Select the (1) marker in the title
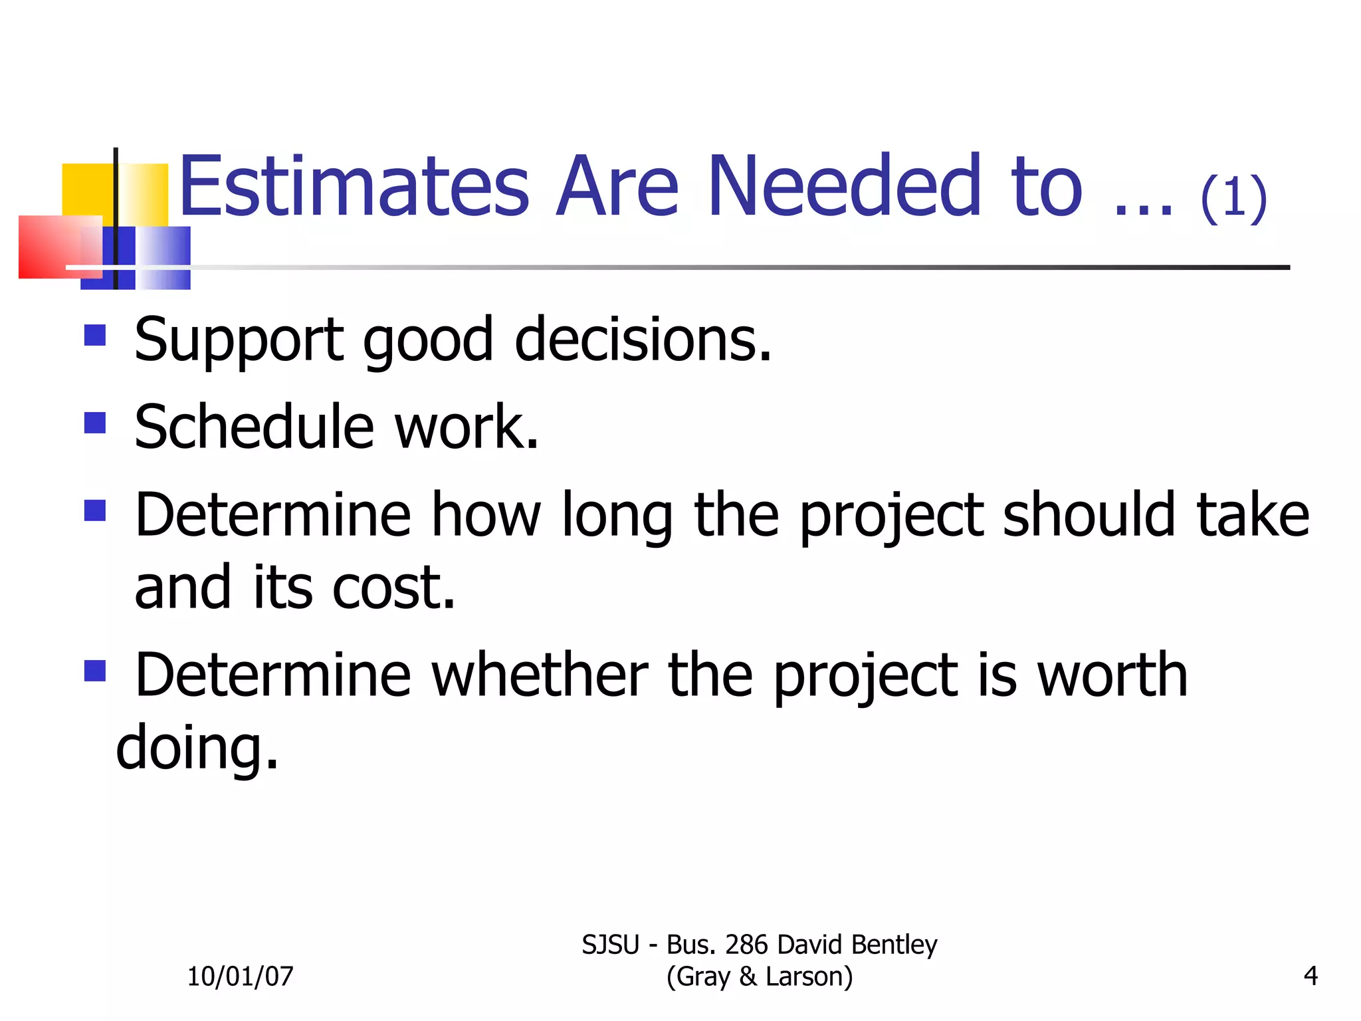tap(1233, 197)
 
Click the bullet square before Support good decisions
tap(95, 335)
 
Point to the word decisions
tap(643, 340)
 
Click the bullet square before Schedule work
tap(95, 423)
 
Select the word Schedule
tap(255, 427)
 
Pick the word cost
tap(393, 588)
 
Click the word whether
tap(540, 675)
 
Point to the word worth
tap(1112, 675)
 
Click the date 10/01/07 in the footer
tap(240, 976)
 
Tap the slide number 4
tap(1310, 976)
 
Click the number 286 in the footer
tap(746, 945)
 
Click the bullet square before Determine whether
tap(95, 671)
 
